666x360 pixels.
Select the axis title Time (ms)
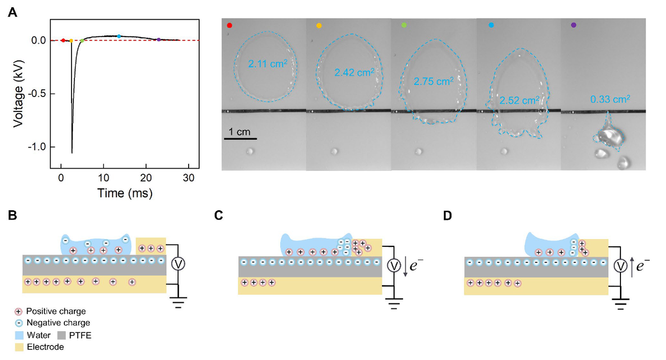pyautogui.click(x=125, y=193)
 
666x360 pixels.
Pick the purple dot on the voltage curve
pyautogui.click(x=159, y=39)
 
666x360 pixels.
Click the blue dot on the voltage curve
pyautogui.click(x=119, y=36)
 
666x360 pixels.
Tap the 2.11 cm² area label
pyautogui.click(x=268, y=64)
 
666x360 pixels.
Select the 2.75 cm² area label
pyautogui.click(x=433, y=81)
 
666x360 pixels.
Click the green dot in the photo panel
pyautogui.click(x=403, y=25)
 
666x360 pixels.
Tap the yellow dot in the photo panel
pyautogui.click(x=319, y=25)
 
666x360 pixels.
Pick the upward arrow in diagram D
pyautogui.click(x=632, y=267)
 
